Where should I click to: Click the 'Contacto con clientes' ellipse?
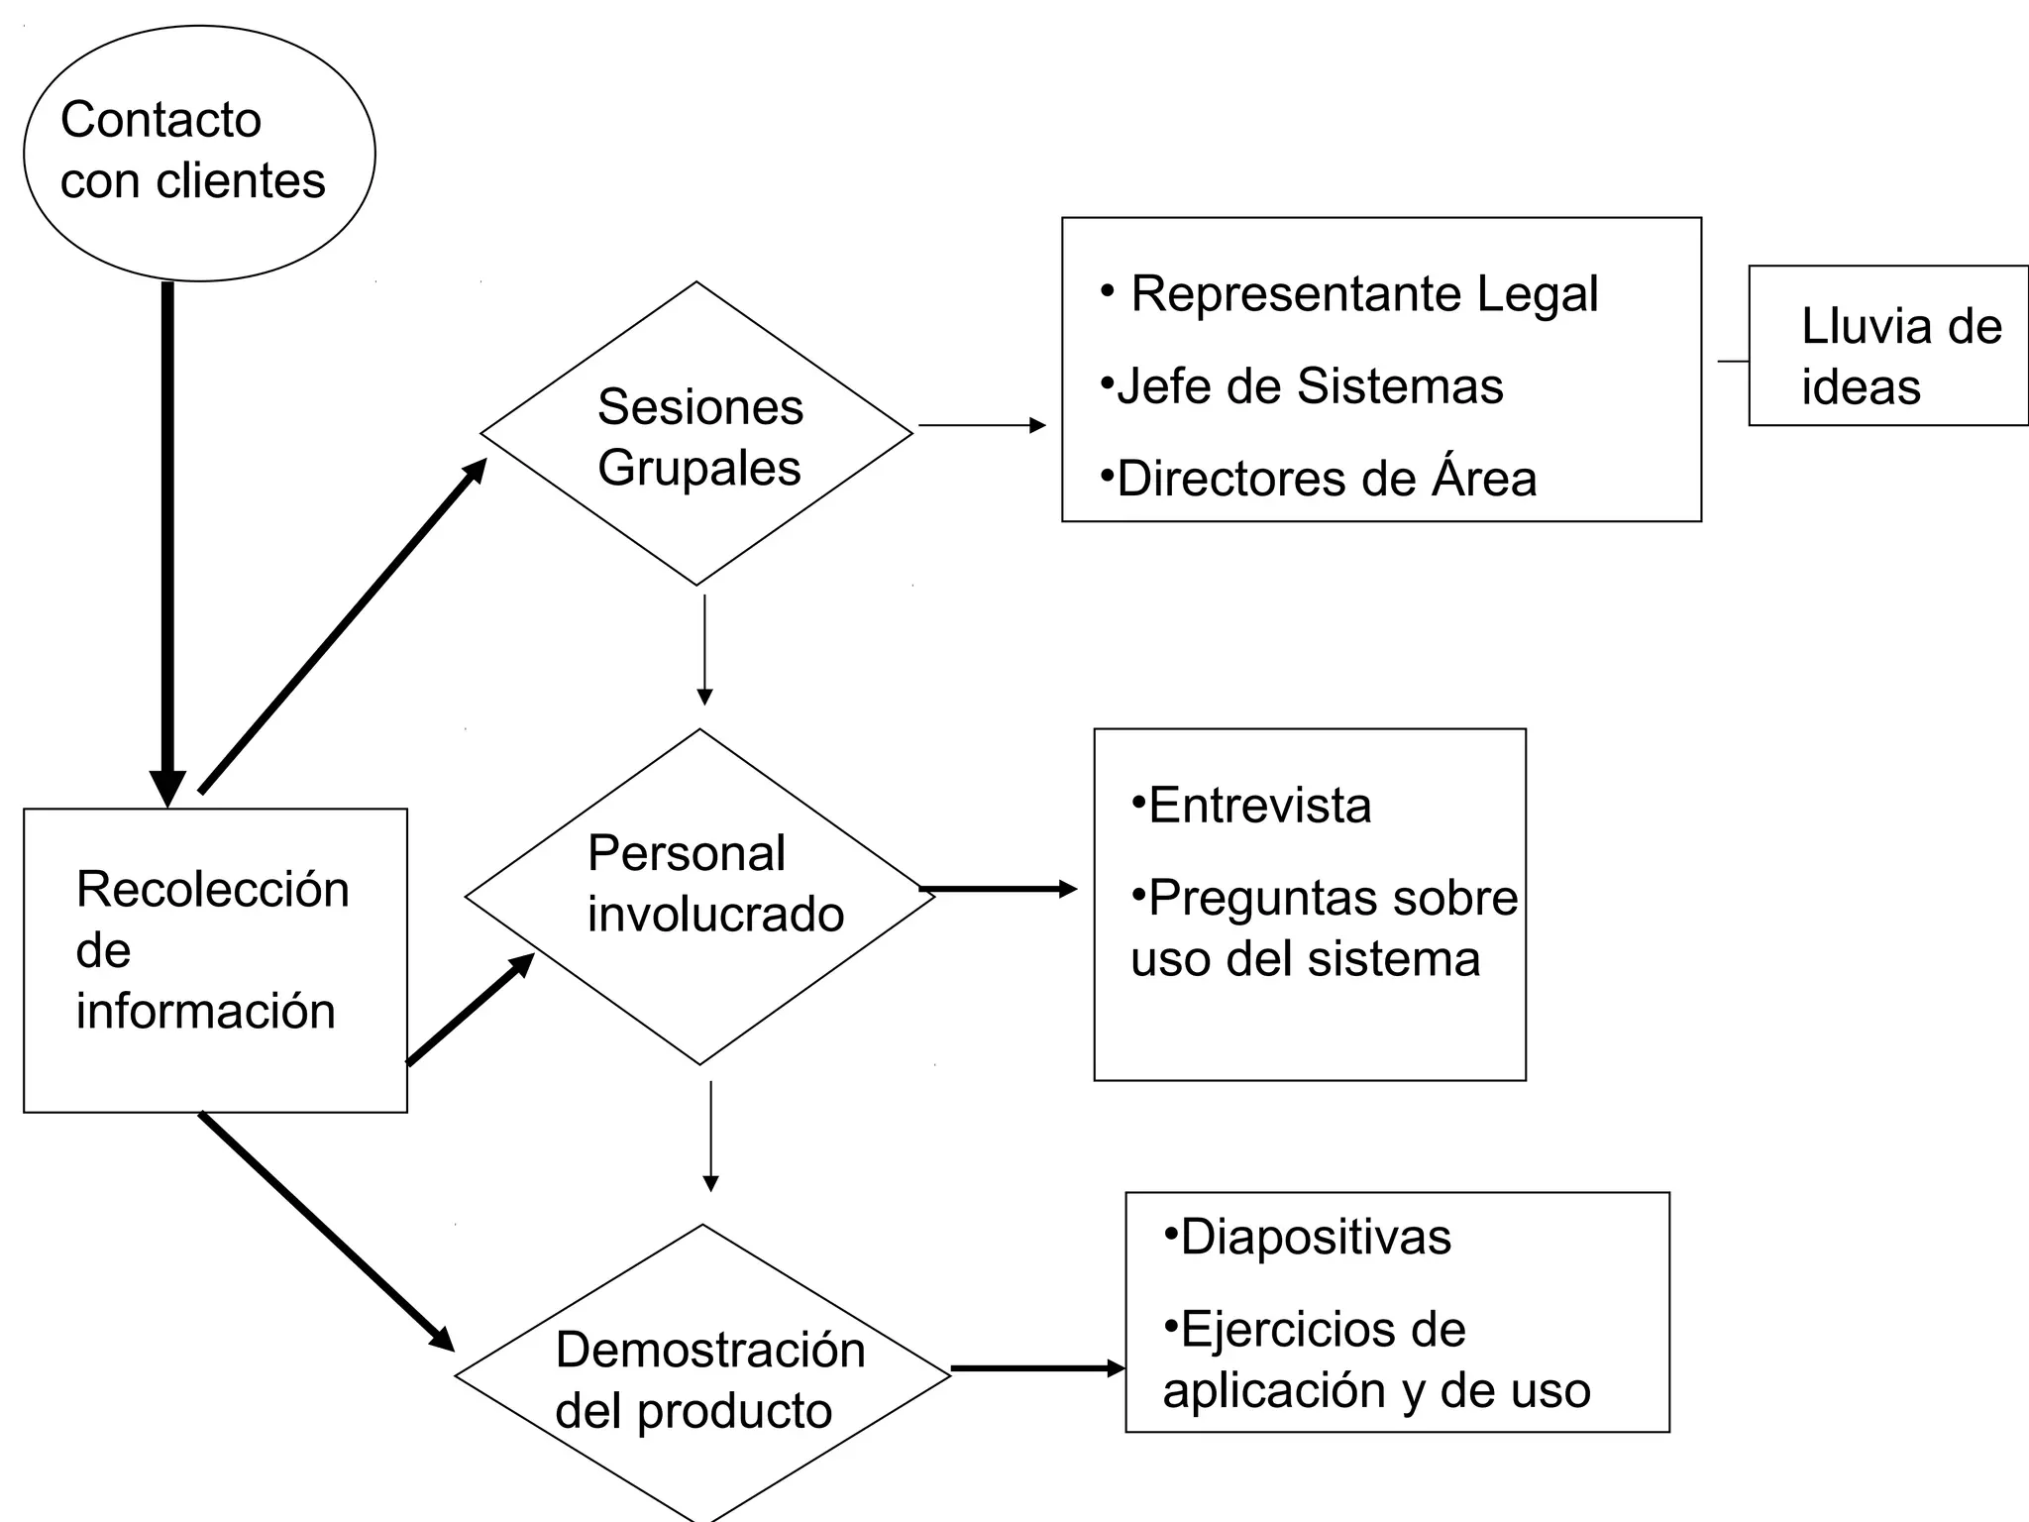tap(198, 153)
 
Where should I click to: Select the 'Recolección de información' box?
tap(215, 959)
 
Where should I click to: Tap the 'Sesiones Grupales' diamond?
tap(696, 434)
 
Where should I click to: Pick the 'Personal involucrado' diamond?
tap(699, 896)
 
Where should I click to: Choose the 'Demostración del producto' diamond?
tap(701, 1376)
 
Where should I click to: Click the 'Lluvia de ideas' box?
tap(1888, 346)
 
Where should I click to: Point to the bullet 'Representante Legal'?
tap(1363, 293)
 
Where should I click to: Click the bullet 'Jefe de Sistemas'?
tap(1309, 385)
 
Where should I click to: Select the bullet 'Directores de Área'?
tap(1326, 479)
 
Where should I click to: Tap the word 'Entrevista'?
tap(1259, 805)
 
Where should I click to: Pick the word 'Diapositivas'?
tap(1315, 1237)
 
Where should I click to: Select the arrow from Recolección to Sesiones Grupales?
tap(342, 626)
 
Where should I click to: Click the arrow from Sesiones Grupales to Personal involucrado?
tap(704, 648)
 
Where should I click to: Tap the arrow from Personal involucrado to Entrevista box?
tap(997, 889)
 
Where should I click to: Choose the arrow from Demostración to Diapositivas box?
tap(1036, 1368)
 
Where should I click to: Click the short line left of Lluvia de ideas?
tap(1733, 362)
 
